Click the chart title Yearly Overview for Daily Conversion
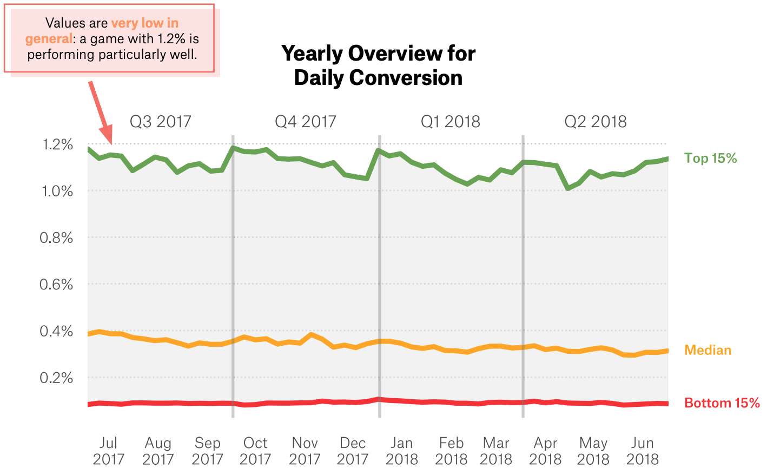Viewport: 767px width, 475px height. click(378, 65)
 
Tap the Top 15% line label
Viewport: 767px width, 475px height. click(710, 158)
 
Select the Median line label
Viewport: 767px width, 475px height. click(708, 350)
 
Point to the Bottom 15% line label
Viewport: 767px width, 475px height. click(722, 403)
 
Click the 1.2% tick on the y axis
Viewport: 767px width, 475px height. click(57, 144)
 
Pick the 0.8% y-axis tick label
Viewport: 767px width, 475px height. click(56, 237)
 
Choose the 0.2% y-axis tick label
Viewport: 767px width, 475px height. click(56, 378)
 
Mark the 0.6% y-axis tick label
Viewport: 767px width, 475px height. click(56, 284)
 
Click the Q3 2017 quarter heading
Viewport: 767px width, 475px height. click(160, 121)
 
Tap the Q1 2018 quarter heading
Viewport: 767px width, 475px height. click(450, 121)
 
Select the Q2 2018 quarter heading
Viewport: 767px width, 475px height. click(595, 121)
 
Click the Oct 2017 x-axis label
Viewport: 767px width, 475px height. click(255, 451)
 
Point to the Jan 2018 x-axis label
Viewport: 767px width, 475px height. click(401, 451)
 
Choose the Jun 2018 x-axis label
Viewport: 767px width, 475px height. click(642, 451)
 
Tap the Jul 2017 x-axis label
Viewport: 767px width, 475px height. click(108, 451)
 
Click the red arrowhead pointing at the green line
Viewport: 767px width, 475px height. click(107, 135)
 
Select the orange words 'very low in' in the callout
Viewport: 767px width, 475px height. click(144, 23)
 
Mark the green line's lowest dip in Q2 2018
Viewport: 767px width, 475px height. click(567, 188)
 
